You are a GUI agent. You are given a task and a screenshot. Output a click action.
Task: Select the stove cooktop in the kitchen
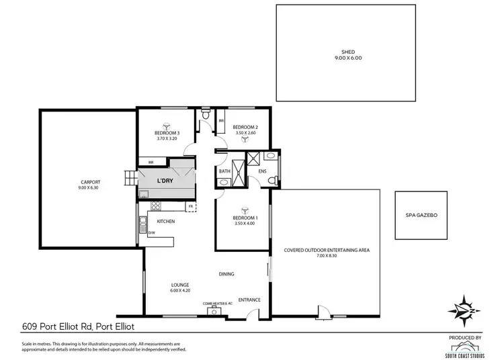pos(155,206)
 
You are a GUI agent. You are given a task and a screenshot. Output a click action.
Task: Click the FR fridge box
pos(191,206)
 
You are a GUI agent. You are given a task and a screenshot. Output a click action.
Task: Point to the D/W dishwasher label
pos(152,232)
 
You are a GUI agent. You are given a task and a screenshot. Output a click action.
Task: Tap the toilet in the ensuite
pos(276,179)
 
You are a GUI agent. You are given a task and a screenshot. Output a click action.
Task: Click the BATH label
pos(224,171)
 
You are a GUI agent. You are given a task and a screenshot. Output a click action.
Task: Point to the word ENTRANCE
pos(249,300)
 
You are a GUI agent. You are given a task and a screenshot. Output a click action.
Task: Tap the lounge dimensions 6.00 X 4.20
pos(179,291)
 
